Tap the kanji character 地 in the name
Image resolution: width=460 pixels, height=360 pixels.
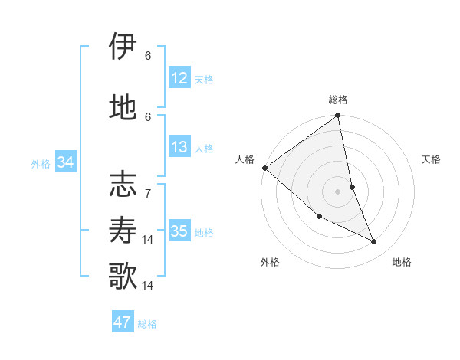tap(123, 107)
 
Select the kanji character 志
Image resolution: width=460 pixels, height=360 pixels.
tap(123, 186)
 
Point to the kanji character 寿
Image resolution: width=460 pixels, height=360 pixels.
tap(123, 229)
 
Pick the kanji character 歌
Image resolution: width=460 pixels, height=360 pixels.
tap(123, 274)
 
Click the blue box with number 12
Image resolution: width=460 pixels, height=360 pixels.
tap(179, 78)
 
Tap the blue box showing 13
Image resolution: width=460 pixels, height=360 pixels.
tap(179, 147)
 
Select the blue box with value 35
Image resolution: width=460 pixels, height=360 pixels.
tap(179, 231)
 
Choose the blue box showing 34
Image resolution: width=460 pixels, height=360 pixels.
tap(66, 162)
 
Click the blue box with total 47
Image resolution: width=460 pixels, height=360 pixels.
tap(123, 322)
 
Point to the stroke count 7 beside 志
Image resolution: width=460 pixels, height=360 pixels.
tap(148, 186)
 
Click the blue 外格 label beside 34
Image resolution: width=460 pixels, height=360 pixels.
tap(41, 163)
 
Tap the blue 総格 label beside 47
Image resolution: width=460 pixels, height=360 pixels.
tap(147, 323)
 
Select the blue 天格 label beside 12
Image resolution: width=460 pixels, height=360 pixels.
tap(204, 79)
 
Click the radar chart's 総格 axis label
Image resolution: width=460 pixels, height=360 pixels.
tap(338, 100)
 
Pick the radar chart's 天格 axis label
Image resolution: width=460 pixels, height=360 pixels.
tap(432, 159)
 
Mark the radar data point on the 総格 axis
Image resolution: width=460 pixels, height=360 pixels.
tap(338, 116)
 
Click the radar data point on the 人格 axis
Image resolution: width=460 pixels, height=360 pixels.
tap(264, 168)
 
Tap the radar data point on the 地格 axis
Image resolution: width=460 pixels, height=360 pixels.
tap(374, 242)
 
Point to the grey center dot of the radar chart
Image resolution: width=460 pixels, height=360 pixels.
tap(338, 191)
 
